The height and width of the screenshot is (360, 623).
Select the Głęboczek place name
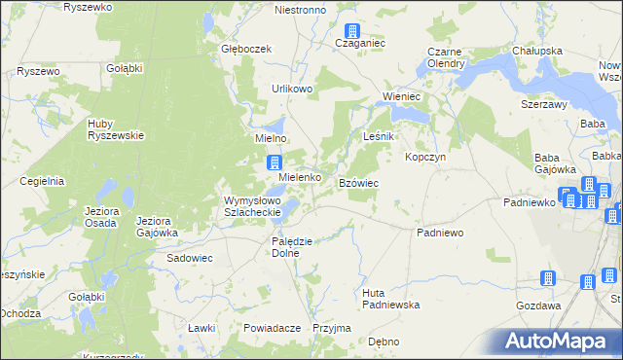(x=244, y=49)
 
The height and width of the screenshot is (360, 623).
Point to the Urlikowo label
(x=292, y=89)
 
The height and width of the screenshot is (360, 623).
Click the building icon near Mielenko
(x=275, y=163)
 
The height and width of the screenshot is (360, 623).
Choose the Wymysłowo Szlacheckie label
(x=252, y=206)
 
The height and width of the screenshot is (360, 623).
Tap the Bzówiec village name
(x=358, y=183)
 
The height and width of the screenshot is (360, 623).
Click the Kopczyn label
(x=425, y=157)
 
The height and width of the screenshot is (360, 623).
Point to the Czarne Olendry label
(x=444, y=59)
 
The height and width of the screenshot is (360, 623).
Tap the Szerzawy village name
(x=544, y=103)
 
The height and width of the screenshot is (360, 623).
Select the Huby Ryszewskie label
(x=116, y=129)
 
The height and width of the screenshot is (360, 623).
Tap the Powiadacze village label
(x=272, y=328)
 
